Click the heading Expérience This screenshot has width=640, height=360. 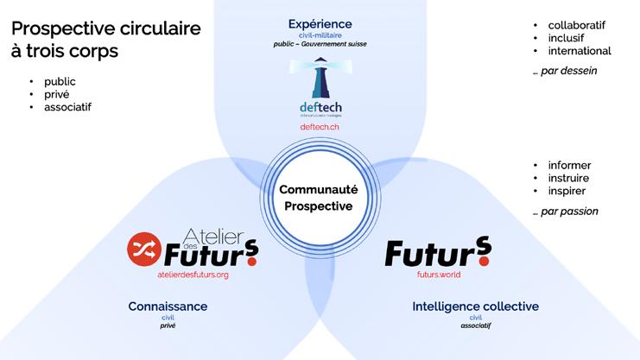click(320, 23)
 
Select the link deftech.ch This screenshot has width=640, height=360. click(320, 127)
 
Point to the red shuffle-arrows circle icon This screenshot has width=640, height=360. click(143, 249)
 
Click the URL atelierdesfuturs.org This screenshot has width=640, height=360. click(193, 275)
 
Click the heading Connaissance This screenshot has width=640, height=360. click(168, 306)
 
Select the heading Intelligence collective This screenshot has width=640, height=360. click(476, 306)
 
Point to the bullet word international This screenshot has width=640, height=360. click(580, 51)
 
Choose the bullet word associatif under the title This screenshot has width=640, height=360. click(67, 107)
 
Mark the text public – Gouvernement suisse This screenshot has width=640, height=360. click(320, 41)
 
